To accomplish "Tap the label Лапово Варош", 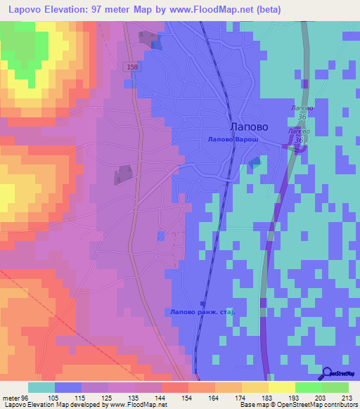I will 233,141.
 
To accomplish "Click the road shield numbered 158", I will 134,66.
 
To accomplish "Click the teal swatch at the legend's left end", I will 41,387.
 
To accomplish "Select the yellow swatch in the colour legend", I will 282,387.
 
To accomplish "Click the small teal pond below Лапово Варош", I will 254,162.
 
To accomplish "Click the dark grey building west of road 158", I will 124,174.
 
